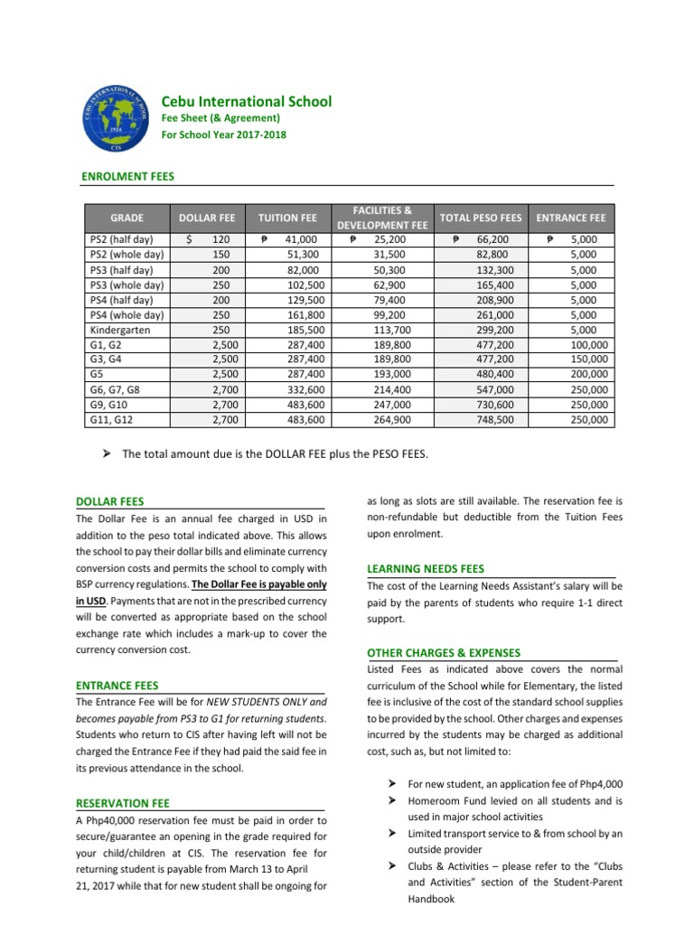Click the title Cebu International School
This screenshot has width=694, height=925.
[246, 102]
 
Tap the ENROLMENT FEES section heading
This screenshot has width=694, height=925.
[128, 177]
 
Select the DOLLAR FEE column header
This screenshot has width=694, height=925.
[207, 218]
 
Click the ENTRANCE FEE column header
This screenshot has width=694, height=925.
[571, 218]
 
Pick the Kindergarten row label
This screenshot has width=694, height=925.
[119, 330]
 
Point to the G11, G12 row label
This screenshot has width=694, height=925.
[113, 420]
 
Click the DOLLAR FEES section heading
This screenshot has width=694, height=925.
[110, 500]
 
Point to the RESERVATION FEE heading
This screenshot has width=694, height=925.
[123, 802]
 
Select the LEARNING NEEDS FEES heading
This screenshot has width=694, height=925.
[426, 569]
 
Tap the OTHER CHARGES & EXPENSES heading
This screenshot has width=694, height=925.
[443, 652]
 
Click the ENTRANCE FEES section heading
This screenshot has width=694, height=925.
[117, 686]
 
